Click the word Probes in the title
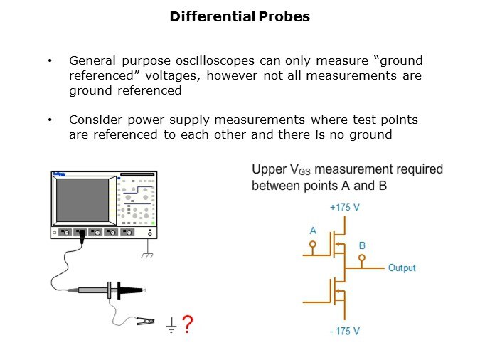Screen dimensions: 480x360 pyautogui.click(x=284, y=16)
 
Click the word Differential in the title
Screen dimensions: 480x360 pyautogui.click(x=213, y=16)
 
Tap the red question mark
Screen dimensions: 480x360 pyautogui.click(x=188, y=324)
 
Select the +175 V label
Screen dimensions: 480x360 pyautogui.click(x=344, y=208)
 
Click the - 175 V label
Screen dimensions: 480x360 pyautogui.click(x=344, y=332)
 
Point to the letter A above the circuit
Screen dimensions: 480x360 pyautogui.click(x=313, y=231)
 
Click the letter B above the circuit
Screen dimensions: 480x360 pyautogui.click(x=362, y=245)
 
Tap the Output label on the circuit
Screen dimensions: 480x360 pyautogui.click(x=402, y=268)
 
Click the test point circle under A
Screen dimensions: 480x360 pyautogui.click(x=313, y=245)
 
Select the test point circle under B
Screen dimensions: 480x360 pyautogui.click(x=362, y=258)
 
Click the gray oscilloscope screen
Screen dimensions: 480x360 pyautogui.click(x=82, y=200)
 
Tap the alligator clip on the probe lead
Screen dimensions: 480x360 pyautogui.click(x=145, y=321)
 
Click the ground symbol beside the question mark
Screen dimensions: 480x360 pyautogui.click(x=171, y=325)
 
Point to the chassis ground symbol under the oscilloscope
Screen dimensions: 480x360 pyautogui.click(x=147, y=255)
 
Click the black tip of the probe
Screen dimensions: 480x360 pyautogui.click(x=130, y=290)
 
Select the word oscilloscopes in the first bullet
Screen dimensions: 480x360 pyautogui.click(x=215, y=61)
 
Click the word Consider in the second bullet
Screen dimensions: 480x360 pyautogui.click(x=95, y=120)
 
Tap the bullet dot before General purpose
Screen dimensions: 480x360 pyautogui.click(x=50, y=60)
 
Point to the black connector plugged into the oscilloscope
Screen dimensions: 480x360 pyautogui.click(x=82, y=236)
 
